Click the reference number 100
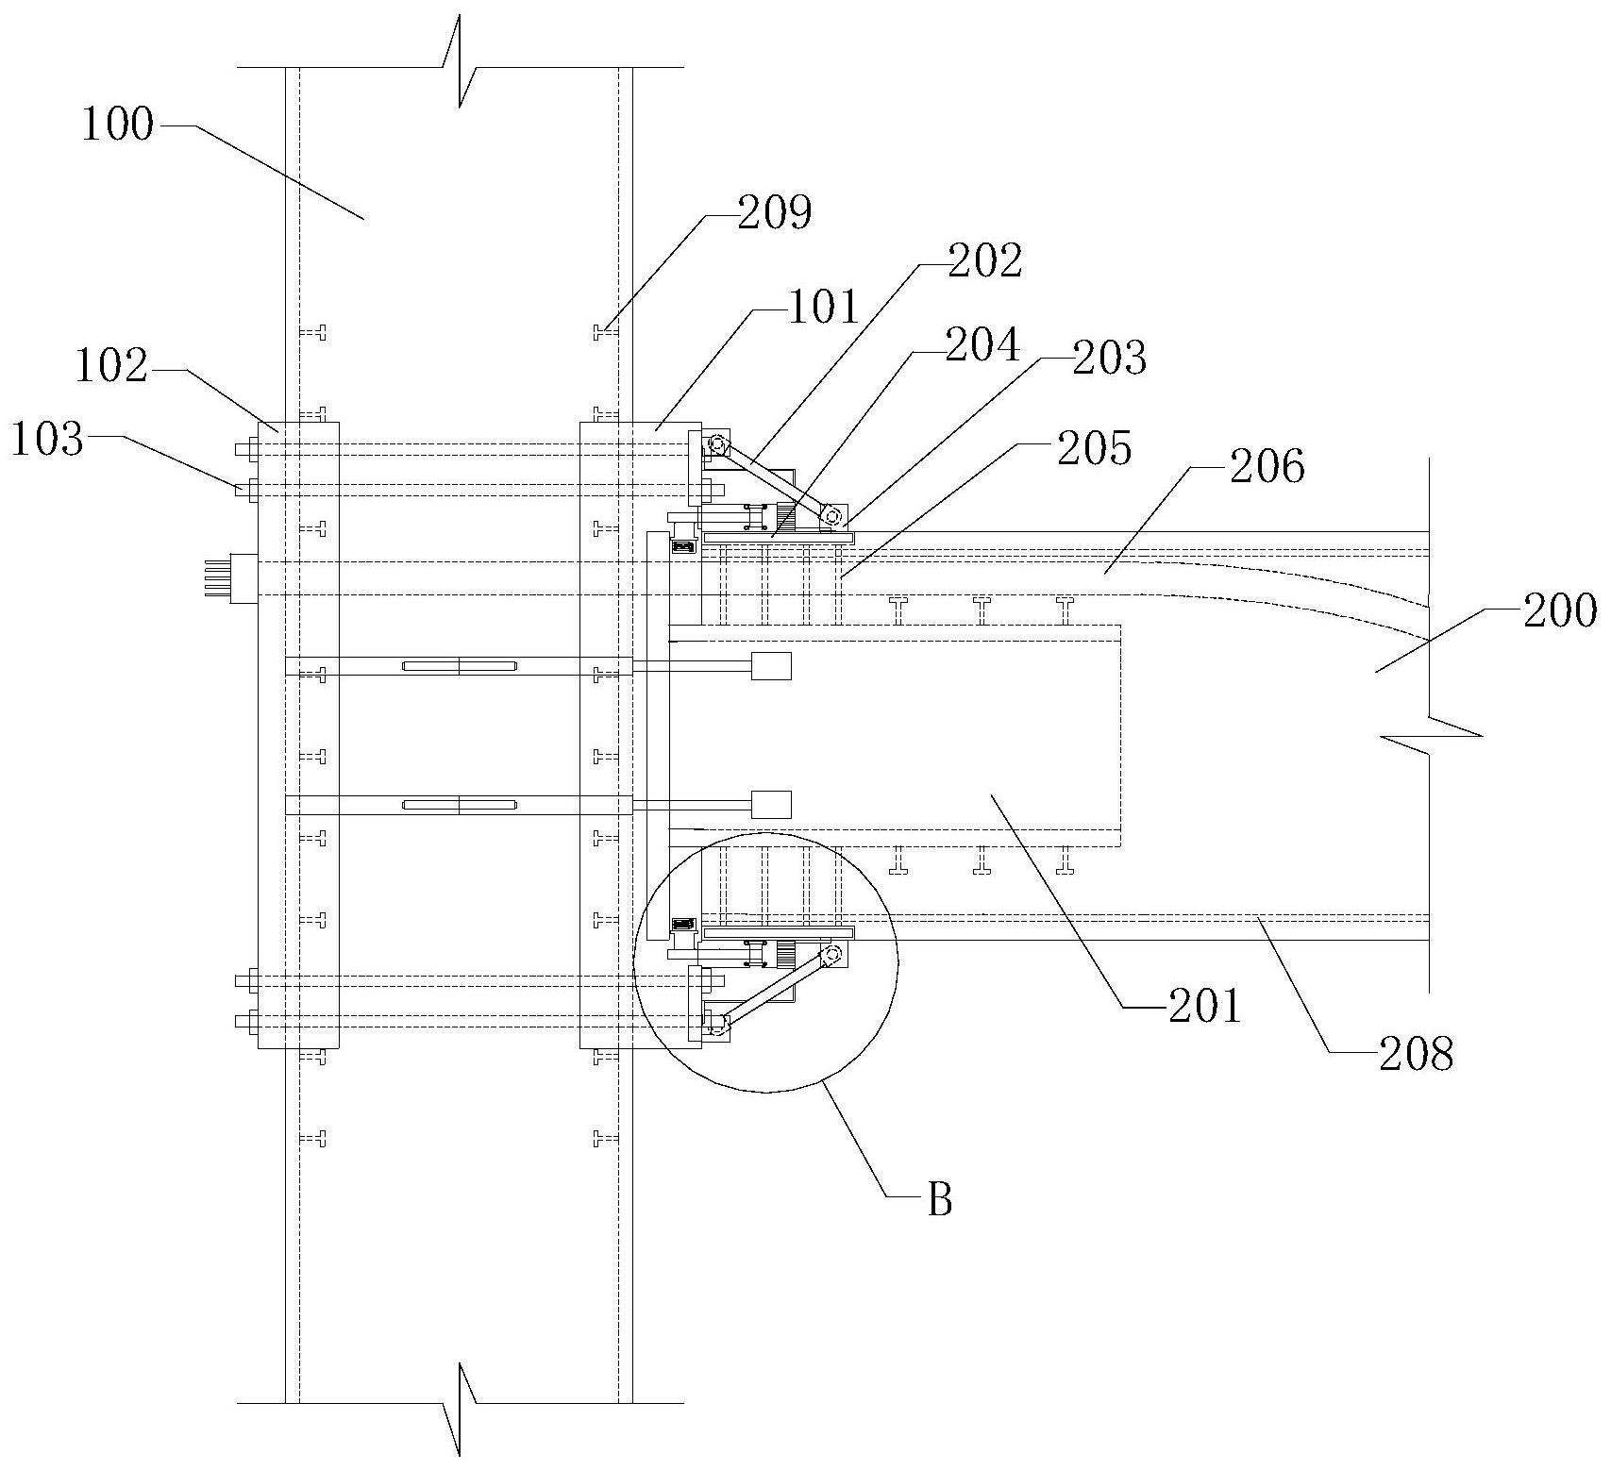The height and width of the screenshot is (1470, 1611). tap(117, 124)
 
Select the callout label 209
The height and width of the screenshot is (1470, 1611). tap(774, 213)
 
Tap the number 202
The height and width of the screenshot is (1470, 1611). tap(985, 260)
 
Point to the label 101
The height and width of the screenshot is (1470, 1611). tap(824, 308)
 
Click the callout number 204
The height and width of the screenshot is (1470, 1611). tap(983, 345)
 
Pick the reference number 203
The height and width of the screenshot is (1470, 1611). tap(1110, 359)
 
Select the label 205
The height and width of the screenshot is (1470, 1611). tap(1094, 448)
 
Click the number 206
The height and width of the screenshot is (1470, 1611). tap(1267, 466)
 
